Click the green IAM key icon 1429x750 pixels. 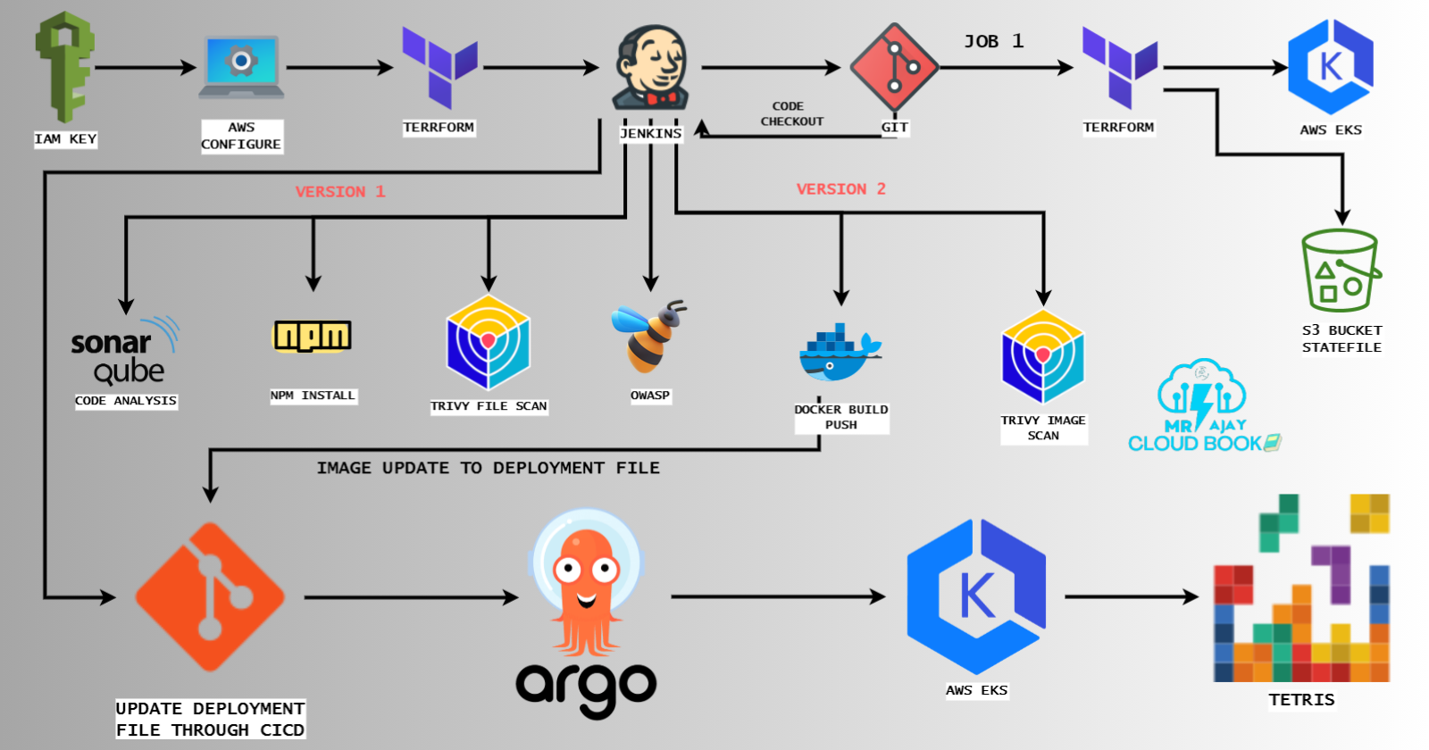tap(64, 67)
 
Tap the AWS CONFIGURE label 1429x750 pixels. tap(241, 136)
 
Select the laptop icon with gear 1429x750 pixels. tap(241, 66)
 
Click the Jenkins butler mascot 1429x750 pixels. tap(651, 68)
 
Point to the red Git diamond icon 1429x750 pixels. tap(894, 67)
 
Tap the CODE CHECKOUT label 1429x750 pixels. tap(791, 113)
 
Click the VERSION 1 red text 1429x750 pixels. tap(339, 191)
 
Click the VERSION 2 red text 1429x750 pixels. tap(840, 188)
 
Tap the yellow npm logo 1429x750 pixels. tap(312, 337)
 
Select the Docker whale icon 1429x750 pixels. tap(839, 352)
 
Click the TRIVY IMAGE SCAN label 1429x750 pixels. tap(1043, 428)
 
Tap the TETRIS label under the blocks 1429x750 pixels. tap(1301, 700)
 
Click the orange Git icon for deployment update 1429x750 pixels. tap(210, 596)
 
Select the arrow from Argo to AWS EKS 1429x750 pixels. tap(777, 596)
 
